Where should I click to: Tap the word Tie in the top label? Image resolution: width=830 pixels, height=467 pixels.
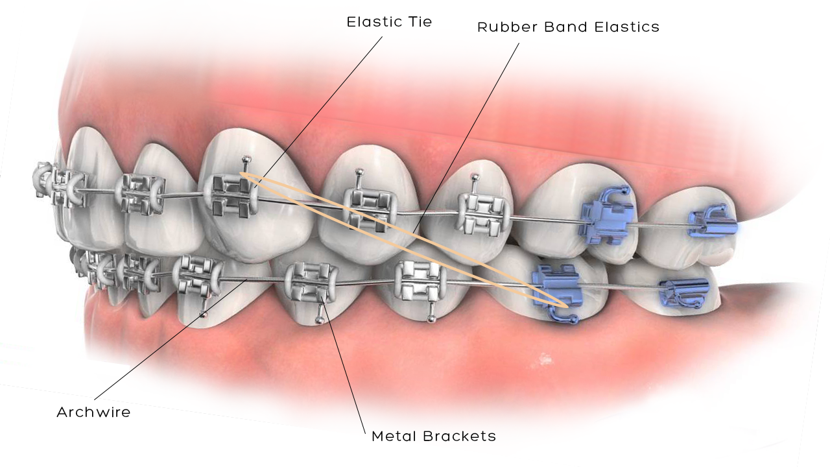pyautogui.click(x=420, y=22)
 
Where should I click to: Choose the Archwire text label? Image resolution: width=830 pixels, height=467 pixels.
pyautogui.click(x=93, y=413)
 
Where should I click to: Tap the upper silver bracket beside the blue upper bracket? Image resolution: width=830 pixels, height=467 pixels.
pyautogui.click(x=480, y=212)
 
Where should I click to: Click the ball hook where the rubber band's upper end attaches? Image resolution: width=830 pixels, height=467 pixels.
pyautogui.click(x=244, y=160)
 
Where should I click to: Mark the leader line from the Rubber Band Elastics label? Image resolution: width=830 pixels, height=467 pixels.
pyautogui.click(x=467, y=143)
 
